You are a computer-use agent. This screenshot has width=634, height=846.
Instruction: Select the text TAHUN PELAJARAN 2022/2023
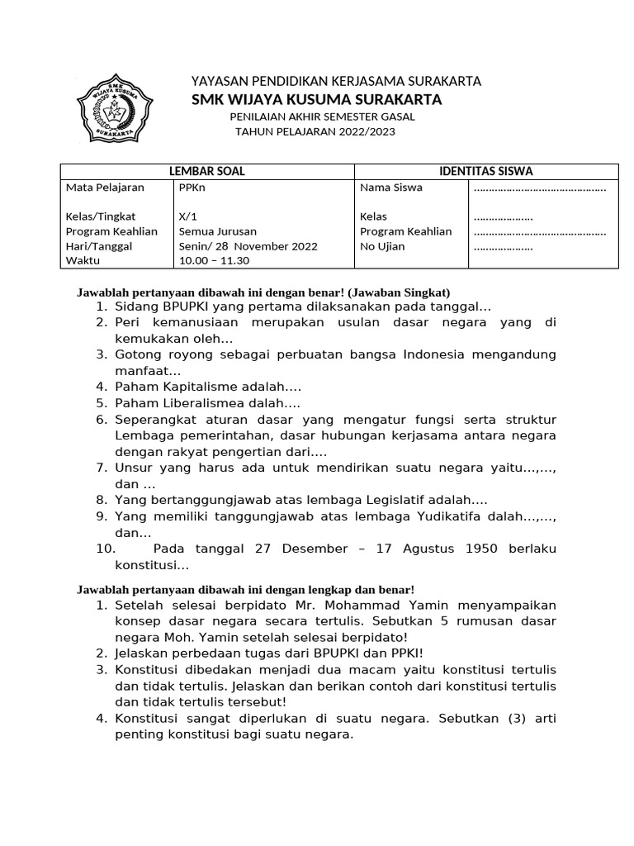click(x=315, y=131)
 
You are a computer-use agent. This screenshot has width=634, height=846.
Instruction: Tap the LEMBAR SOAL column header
click(x=206, y=171)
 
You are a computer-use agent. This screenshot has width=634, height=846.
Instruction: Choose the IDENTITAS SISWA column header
click(x=485, y=171)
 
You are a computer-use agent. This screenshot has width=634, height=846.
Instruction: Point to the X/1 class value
click(x=188, y=216)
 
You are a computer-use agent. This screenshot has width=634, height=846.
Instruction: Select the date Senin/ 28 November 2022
click(x=247, y=246)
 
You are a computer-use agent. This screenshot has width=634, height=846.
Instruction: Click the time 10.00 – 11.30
click(x=214, y=261)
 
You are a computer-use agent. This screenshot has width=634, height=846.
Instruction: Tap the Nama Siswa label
click(x=391, y=187)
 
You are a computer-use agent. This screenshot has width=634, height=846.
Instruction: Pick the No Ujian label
click(x=382, y=246)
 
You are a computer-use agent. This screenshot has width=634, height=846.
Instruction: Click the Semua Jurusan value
click(x=217, y=231)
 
